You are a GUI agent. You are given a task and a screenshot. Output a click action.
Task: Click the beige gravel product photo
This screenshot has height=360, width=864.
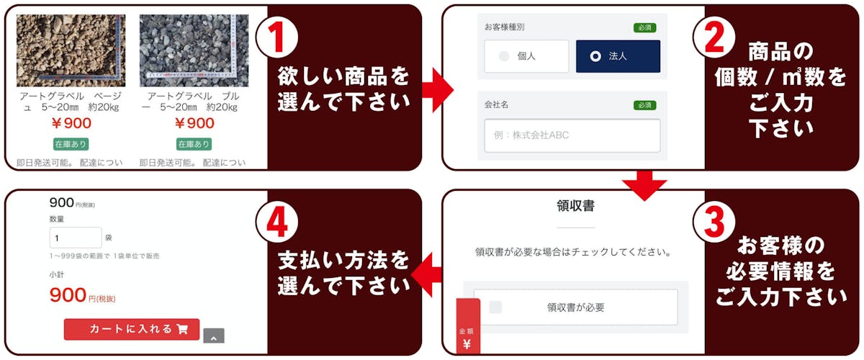coord(71,50)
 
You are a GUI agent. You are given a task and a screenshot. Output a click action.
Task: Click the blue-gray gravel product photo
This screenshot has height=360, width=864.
coord(194,50)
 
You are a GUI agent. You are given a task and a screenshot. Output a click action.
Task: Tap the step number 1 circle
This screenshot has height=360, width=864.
coord(277,38)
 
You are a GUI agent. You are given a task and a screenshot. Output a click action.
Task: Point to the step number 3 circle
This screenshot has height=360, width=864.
coord(714,222)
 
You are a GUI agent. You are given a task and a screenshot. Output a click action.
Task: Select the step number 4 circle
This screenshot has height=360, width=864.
coord(277,222)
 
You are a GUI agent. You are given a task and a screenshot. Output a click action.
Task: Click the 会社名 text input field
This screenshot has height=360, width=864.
coord(572,135)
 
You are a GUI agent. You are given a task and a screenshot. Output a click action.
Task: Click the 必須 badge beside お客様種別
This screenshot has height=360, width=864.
coord(645,28)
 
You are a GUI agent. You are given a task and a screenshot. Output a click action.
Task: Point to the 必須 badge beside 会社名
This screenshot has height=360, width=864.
coord(645,105)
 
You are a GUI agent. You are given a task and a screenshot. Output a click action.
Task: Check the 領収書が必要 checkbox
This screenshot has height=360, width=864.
coord(495,307)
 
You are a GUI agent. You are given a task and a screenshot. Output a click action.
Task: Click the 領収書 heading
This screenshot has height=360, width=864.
coord(575,206)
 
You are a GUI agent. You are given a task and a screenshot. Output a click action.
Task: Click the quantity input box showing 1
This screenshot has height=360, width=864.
coord(76,238)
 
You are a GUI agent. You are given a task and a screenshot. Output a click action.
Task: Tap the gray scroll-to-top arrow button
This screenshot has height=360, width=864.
coord(214,336)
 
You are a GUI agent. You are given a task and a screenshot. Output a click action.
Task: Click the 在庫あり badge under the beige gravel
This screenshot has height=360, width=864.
coord(71,144)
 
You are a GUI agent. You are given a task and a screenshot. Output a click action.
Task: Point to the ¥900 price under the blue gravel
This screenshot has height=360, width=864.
coord(194,123)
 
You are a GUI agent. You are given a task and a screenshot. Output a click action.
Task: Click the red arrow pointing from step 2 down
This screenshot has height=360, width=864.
coord(644,185)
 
